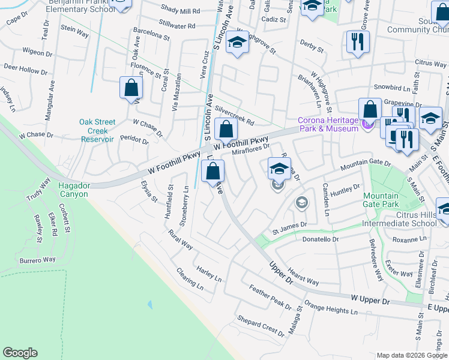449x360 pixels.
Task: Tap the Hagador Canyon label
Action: [73, 190]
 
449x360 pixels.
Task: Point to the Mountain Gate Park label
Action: [381, 200]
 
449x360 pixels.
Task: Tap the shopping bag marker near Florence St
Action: [131, 88]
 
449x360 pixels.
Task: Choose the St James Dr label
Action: [289, 229]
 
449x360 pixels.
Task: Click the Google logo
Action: [20, 353]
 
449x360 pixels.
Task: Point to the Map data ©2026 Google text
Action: [411, 355]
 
